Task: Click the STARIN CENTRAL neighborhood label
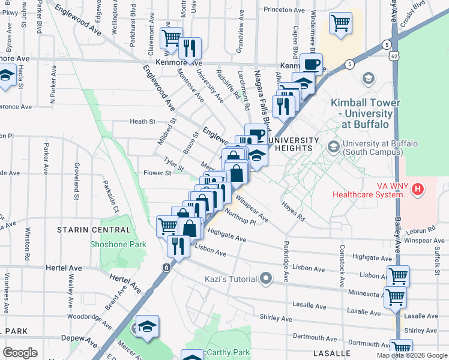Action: pos(94,230)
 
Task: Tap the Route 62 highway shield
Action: pos(393,56)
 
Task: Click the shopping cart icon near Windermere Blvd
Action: pos(340,24)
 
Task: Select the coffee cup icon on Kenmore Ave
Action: pos(310,64)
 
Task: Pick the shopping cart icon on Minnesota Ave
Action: pos(394,296)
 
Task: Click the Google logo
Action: pos(20,353)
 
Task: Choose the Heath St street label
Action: pos(143,121)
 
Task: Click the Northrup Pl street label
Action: pos(240,217)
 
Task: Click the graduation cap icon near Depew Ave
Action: pos(147,326)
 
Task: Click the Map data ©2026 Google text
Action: pos(411,355)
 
